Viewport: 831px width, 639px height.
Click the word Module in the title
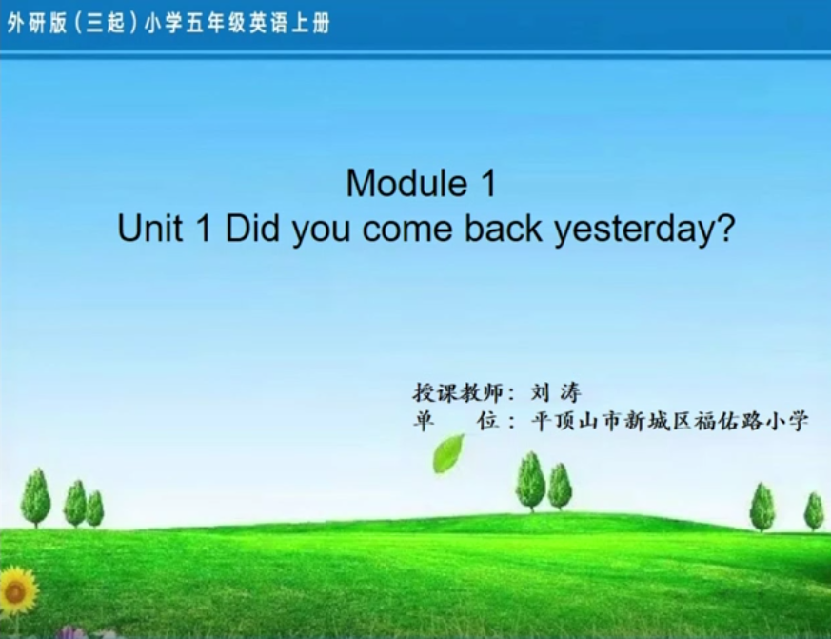pos(406,183)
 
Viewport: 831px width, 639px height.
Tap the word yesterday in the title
pos(638,230)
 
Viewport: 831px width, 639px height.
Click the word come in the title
pos(407,230)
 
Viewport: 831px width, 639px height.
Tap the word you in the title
pos(321,232)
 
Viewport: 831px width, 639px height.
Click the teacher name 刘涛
pos(555,393)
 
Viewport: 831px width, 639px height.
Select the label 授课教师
pos(457,393)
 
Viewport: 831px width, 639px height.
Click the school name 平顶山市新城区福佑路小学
pos(670,421)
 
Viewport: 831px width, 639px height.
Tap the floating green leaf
pos(448,454)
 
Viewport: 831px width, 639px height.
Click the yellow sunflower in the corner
pos(16,590)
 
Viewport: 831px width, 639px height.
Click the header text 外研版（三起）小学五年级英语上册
pos(168,24)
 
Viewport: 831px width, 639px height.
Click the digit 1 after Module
pos(488,183)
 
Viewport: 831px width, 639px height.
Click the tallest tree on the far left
pos(35,497)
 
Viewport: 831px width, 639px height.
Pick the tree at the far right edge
pos(814,511)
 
